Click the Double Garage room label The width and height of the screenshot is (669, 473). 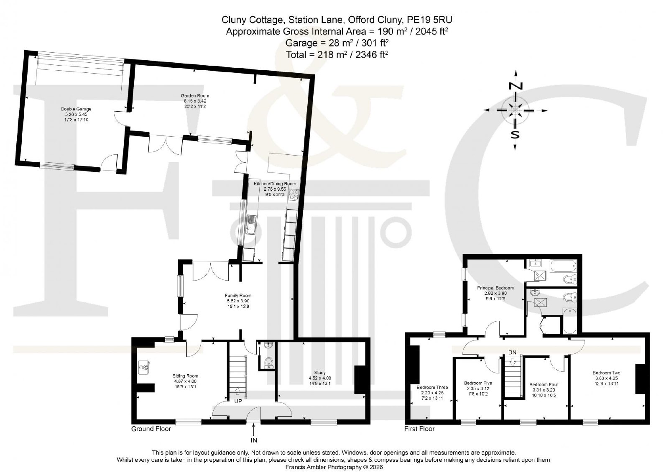[x=76, y=109]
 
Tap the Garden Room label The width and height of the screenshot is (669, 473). [x=195, y=96]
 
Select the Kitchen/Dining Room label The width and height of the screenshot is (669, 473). [x=275, y=184]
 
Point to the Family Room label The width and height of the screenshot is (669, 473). [x=238, y=296]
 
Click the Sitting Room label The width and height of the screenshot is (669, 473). [x=185, y=376]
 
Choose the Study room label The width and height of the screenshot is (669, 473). [x=320, y=373]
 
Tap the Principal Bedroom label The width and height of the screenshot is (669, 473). [x=495, y=288]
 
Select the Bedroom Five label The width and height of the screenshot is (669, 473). [x=478, y=383]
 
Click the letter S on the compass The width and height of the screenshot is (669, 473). [x=515, y=135]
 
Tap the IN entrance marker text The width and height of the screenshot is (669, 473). [x=253, y=440]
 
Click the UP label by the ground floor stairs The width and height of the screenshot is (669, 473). [x=238, y=401]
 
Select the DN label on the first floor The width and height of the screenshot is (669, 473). [x=512, y=352]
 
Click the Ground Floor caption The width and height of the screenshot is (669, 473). [x=151, y=429]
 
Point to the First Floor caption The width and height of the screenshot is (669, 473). [x=419, y=429]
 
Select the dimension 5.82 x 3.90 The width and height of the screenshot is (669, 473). [x=238, y=301]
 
